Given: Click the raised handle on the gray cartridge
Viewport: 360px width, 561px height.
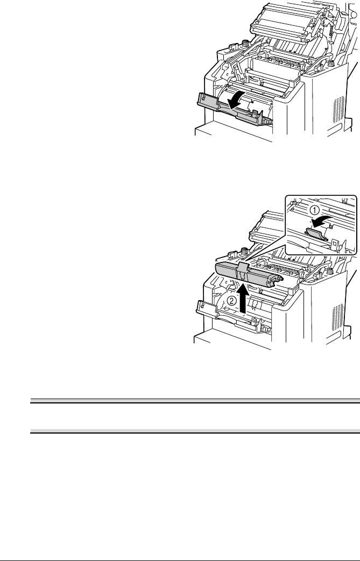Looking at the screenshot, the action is tap(242, 269).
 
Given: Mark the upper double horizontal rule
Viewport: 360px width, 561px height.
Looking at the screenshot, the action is tap(194, 401).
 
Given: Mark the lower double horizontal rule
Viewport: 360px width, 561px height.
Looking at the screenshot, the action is tap(194, 431).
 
